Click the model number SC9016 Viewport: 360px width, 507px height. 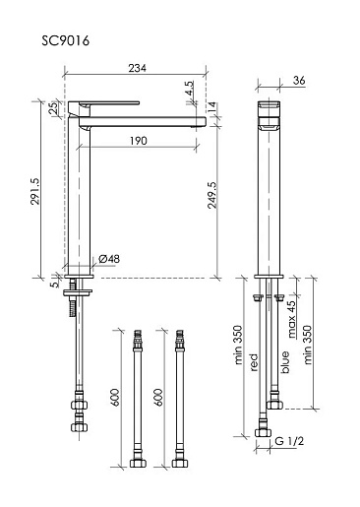[x=66, y=41]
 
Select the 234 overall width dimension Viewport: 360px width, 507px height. [x=137, y=68]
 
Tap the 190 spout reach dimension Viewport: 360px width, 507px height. [x=139, y=141]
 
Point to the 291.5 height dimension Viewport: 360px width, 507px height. [x=35, y=191]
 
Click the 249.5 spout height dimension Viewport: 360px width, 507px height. [x=212, y=195]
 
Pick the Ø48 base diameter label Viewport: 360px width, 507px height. [x=109, y=259]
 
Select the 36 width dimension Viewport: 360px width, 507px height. [x=299, y=80]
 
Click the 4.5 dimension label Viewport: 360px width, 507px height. [x=190, y=88]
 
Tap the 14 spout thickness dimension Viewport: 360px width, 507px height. [x=212, y=107]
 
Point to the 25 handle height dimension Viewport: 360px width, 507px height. [x=53, y=107]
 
